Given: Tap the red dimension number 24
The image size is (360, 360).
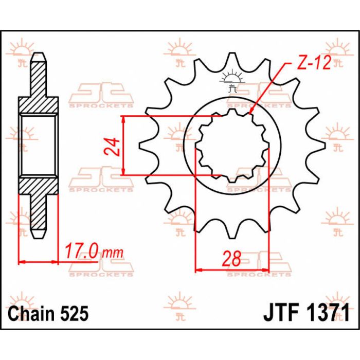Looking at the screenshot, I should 114,146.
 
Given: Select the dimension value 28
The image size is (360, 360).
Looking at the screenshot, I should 232,259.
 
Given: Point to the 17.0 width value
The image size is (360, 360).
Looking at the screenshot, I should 82,253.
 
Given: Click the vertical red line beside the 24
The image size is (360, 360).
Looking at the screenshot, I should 123,146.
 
